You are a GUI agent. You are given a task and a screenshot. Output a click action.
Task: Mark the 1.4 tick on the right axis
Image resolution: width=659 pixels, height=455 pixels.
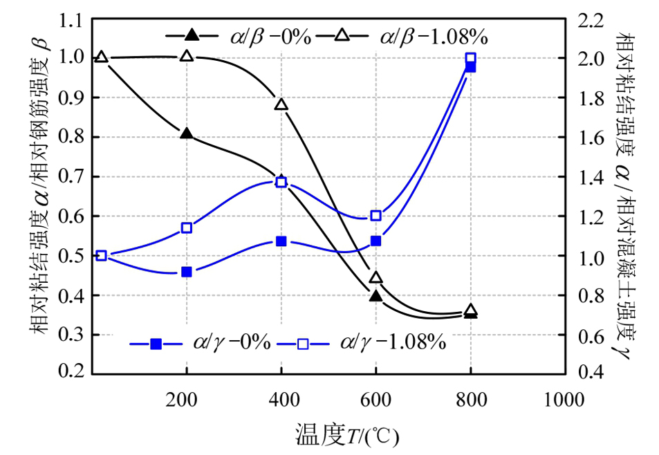coord(590,178)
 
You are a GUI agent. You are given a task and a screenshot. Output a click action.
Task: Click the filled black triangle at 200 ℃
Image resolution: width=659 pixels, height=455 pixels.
coord(186,133)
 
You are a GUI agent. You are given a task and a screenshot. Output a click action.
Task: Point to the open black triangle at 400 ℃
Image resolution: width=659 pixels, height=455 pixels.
coord(281,104)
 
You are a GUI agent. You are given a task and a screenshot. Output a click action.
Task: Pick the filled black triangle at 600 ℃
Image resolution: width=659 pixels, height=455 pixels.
coord(375,295)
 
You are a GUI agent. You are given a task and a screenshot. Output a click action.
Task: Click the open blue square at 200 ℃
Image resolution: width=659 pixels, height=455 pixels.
coord(186,228)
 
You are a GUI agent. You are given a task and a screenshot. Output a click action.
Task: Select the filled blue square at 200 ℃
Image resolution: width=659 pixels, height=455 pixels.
coord(186,272)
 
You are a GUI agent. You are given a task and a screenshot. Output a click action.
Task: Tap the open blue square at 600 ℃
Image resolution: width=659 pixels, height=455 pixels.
coord(375,216)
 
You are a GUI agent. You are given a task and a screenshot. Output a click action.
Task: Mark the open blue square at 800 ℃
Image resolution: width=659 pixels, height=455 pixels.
coord(470,58)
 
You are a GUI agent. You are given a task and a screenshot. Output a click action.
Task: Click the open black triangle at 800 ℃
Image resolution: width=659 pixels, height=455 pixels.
coord(470,310)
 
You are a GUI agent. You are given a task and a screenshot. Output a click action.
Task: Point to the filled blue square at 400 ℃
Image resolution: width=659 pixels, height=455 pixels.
coord(281,241)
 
